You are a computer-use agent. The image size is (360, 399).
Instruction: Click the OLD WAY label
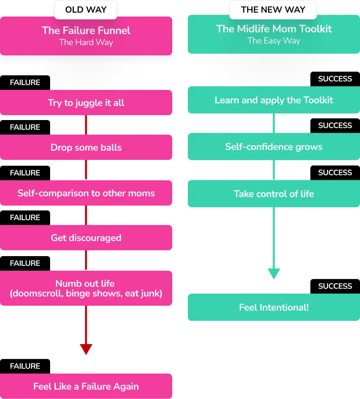point(86,10)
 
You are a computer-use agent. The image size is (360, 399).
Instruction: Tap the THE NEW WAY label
point(273,10)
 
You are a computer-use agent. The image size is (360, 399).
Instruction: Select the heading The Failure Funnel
point(86,31)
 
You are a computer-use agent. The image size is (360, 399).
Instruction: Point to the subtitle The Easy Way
point(274,41)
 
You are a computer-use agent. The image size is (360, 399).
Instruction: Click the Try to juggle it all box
point(86,103)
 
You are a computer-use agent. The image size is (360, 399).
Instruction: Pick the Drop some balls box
point(86,147)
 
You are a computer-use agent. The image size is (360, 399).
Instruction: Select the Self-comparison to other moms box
point(86,193)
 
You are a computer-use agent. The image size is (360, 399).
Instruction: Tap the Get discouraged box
point(86,238)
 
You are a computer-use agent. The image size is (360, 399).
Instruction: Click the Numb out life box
point(86,288)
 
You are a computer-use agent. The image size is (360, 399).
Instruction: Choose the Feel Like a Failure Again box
point(86,386)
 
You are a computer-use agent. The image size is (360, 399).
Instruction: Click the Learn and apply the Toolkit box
point(274,100)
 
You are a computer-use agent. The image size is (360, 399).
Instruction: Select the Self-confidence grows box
point(274,147)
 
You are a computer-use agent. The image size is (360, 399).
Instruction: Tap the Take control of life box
point(274,193)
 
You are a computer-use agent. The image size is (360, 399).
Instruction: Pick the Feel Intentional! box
point(274,307)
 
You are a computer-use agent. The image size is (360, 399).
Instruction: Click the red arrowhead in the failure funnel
point(86,349)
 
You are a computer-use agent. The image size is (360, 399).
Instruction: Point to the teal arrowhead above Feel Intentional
point(274,273)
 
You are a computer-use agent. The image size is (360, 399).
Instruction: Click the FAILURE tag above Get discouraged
point(25,218)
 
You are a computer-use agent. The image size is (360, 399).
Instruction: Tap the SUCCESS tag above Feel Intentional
point(335,286)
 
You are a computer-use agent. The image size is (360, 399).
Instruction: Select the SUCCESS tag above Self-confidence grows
point(335,126)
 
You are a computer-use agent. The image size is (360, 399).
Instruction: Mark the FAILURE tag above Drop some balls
point(25,127)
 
